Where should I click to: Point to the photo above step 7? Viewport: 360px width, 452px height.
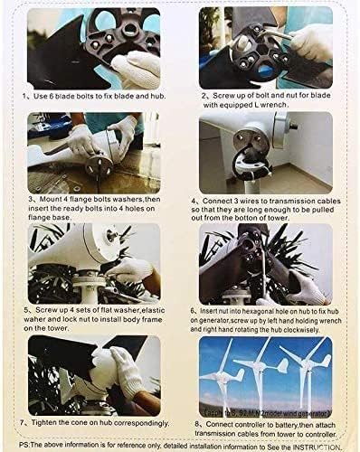(94, 372)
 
